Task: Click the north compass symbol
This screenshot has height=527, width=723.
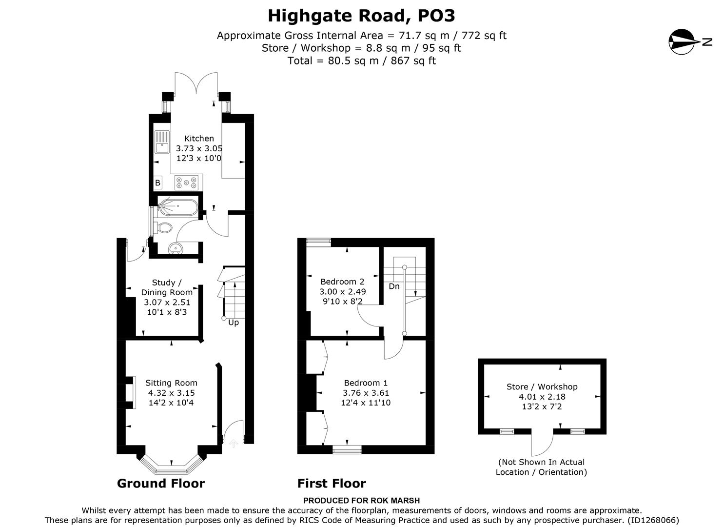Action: point(682,41)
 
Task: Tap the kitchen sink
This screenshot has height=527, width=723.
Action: point(161,142)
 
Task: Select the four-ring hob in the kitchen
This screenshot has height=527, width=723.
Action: point(187,182)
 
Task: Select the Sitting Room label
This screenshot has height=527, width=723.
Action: point(171,383)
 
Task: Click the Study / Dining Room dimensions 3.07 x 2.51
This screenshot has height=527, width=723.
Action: point(167,303)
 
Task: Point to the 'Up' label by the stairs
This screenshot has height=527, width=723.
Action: point(234,323)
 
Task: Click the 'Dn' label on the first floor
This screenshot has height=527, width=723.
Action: point(394,286)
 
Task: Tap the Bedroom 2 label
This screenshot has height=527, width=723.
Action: point(342,282)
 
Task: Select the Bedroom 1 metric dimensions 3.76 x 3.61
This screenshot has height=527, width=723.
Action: point(366,393)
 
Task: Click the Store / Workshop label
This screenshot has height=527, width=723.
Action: point(542,386)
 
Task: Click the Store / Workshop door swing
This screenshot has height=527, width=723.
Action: point(542,444)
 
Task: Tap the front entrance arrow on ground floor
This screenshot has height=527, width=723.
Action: point(233,443)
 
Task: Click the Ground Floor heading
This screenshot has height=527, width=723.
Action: point(161,484)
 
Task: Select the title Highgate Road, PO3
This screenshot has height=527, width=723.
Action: point(361,16)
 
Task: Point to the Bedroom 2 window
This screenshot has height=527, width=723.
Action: point(318,241)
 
